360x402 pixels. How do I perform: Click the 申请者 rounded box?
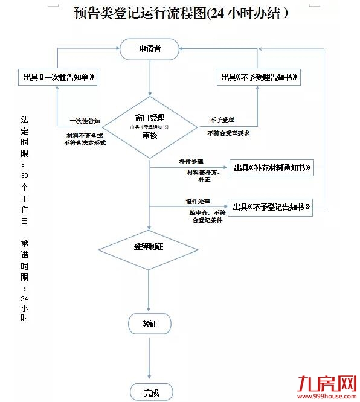pyautogui.click(x=150, y=49)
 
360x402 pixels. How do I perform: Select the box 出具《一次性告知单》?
pyautogui.click(x=58, y=77)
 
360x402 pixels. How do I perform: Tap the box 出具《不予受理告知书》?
pyautogui.click(x=259, y=77)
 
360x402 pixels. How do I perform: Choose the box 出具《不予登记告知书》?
pyautogui.click(x=272, y=208)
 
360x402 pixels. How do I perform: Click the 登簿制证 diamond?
pyautogui.click(x=149, y=246)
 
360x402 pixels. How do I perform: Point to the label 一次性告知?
pyautogui.click(x=85, y=120)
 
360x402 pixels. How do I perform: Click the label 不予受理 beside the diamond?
pyautogui.click(x=222, y=120)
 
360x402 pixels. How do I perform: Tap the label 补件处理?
pyautogui.click(x=191, y=162)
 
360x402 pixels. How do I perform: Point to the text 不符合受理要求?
pyautogui.click(x=228, y=133)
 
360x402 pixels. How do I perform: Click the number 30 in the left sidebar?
pyautogui.click(x=24, y=175)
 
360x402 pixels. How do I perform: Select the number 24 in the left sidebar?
pyautogui.click(x=24, y=299)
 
